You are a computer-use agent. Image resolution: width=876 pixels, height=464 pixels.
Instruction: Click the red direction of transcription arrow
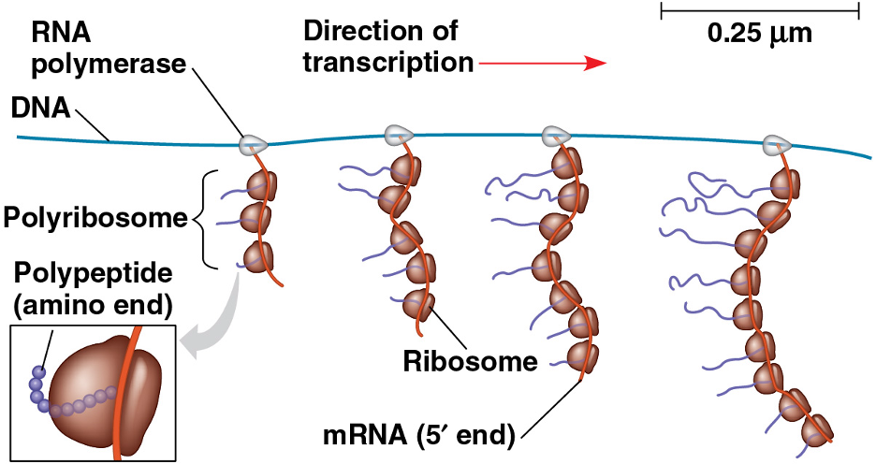[x=544, y=64]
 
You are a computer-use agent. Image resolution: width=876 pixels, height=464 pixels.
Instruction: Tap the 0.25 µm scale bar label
[x=759, y=35]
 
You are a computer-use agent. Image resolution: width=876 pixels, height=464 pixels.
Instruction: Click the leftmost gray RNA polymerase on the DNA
[x=253, y=144]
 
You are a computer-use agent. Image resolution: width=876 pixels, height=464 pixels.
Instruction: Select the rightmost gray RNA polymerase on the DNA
[x=775, y=144]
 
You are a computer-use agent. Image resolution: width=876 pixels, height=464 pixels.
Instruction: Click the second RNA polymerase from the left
[x=399, y=135]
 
